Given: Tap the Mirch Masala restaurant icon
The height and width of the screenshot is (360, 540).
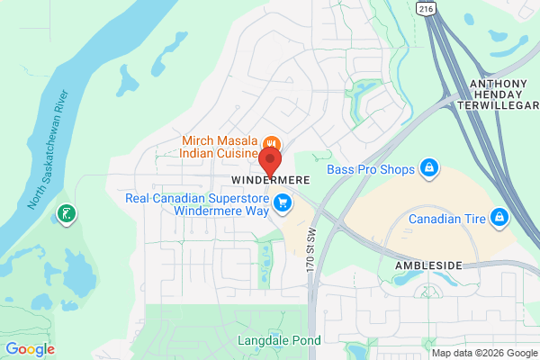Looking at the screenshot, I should pyautogui.click(x=270, y=143).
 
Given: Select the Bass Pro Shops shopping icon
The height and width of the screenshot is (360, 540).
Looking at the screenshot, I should pyautogui.click(x=430, y=168).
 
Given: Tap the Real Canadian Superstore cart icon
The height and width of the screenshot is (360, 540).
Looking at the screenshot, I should pyautogui.click(x=283, y=202).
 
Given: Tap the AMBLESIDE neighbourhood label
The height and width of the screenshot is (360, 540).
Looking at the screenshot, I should pyautogui.click(x=427, y=266).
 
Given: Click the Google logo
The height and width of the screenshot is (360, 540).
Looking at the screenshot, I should pyautogui.click(x=30, y=349).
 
